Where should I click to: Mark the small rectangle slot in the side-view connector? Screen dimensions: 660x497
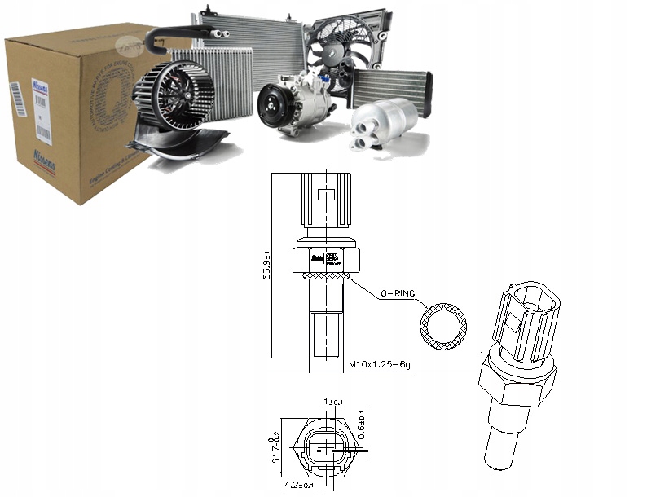pyautogui.click(x=325, y=196)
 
